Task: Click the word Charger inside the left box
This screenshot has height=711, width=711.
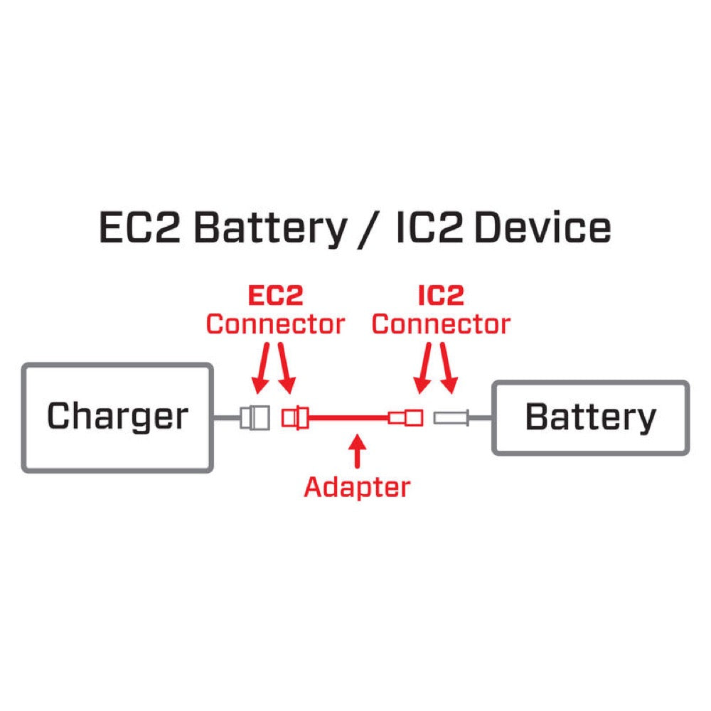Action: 117,417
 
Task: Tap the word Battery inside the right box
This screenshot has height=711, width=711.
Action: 590,417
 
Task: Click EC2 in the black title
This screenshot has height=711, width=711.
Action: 140,229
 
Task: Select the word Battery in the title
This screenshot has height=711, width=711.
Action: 269,229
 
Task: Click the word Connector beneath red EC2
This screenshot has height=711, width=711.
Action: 275,324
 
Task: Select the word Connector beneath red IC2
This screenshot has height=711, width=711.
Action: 441,324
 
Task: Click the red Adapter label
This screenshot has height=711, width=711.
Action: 357,487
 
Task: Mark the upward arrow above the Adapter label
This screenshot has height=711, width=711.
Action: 357,453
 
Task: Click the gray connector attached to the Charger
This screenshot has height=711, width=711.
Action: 255,417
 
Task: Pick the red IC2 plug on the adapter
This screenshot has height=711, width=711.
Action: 407,417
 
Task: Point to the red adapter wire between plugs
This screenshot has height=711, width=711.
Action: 348,418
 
